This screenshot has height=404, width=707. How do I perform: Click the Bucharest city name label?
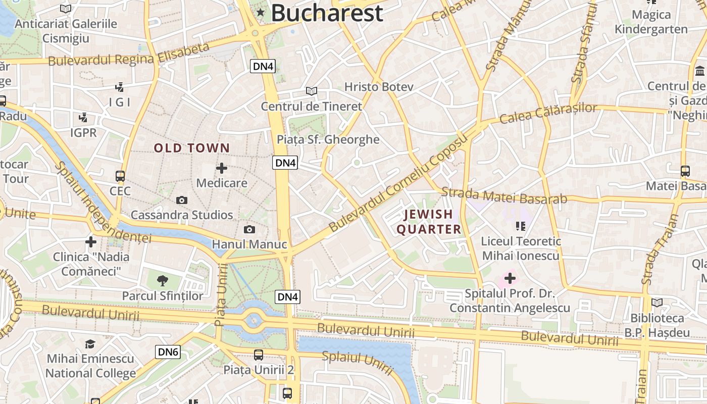327,13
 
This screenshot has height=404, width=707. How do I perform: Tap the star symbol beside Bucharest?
261,12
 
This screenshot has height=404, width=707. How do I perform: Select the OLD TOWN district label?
192,148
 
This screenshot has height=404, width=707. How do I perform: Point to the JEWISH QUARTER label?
429,222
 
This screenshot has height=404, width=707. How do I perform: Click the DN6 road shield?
168,352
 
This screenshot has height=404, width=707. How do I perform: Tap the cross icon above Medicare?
222,168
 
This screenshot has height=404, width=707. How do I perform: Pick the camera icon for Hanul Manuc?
249,230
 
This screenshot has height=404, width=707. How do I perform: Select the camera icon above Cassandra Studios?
182,200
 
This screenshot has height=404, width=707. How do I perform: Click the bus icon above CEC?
120,176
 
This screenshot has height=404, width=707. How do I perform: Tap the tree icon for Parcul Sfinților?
163,281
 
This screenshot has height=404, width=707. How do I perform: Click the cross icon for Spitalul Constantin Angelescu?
510,278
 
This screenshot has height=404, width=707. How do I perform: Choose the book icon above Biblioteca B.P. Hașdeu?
657,303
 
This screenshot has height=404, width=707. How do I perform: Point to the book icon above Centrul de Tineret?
312,91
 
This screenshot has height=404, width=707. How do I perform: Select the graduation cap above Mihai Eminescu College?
90,344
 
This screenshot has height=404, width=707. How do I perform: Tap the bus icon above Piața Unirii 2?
259,355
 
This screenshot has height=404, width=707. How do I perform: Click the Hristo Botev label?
379,87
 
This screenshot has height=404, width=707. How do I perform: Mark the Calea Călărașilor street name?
548,114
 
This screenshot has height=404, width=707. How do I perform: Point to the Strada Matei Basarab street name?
504,195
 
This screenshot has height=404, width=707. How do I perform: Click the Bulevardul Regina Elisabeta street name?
129,55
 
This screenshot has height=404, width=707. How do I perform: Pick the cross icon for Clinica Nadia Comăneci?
91,242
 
